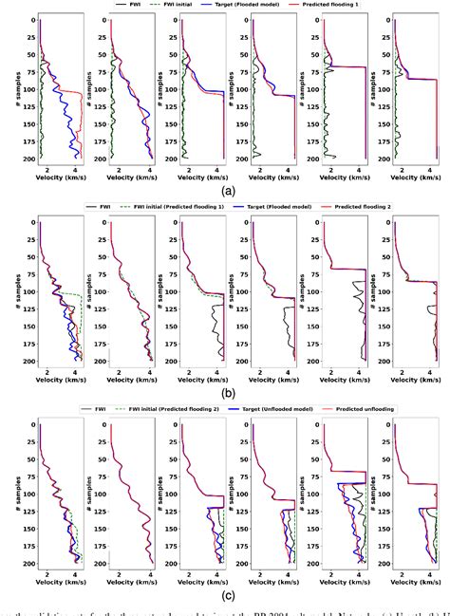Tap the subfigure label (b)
pyautogui.click(x=226, y=390)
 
